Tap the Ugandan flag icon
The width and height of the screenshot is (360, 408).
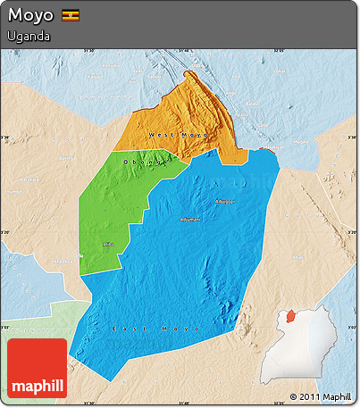(70, 16)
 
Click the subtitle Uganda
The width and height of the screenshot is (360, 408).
(28, 37)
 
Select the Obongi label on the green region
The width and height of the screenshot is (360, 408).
(144, 162)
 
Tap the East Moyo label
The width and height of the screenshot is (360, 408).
(143, 329)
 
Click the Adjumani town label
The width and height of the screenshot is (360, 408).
(190, 218)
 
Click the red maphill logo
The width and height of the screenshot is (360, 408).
(37, 368)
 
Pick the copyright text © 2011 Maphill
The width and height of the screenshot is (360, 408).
(320, 396)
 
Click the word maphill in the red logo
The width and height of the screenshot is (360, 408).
(37, 386)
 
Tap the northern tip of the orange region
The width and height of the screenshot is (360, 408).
(187, 73)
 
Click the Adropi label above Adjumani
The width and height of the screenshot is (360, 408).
(224, 201)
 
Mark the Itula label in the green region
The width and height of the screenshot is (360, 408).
(108, 242)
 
